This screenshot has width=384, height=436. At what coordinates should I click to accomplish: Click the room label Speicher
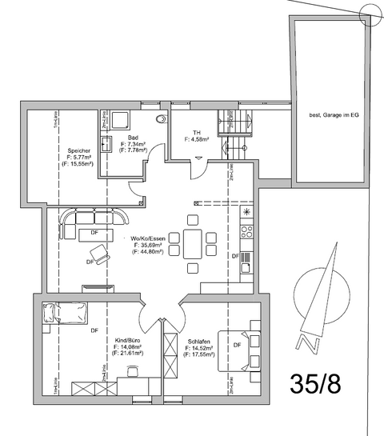(78, 150)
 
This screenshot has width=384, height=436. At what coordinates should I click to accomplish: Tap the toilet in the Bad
(164, 118)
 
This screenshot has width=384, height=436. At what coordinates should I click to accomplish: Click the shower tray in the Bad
(121, 119)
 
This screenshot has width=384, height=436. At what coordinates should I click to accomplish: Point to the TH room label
(196, 132)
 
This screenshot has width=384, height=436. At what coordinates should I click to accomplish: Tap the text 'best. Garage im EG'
(333, 115)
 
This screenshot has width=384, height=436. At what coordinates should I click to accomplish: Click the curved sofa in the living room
(92, 218)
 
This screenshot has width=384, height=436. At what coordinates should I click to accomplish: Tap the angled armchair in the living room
(100, 255)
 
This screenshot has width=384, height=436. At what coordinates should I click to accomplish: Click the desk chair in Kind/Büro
(132, 373)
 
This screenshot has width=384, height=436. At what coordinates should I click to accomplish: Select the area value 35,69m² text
(148, 245)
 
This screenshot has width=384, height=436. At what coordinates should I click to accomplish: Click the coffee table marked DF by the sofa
(94, 233)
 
